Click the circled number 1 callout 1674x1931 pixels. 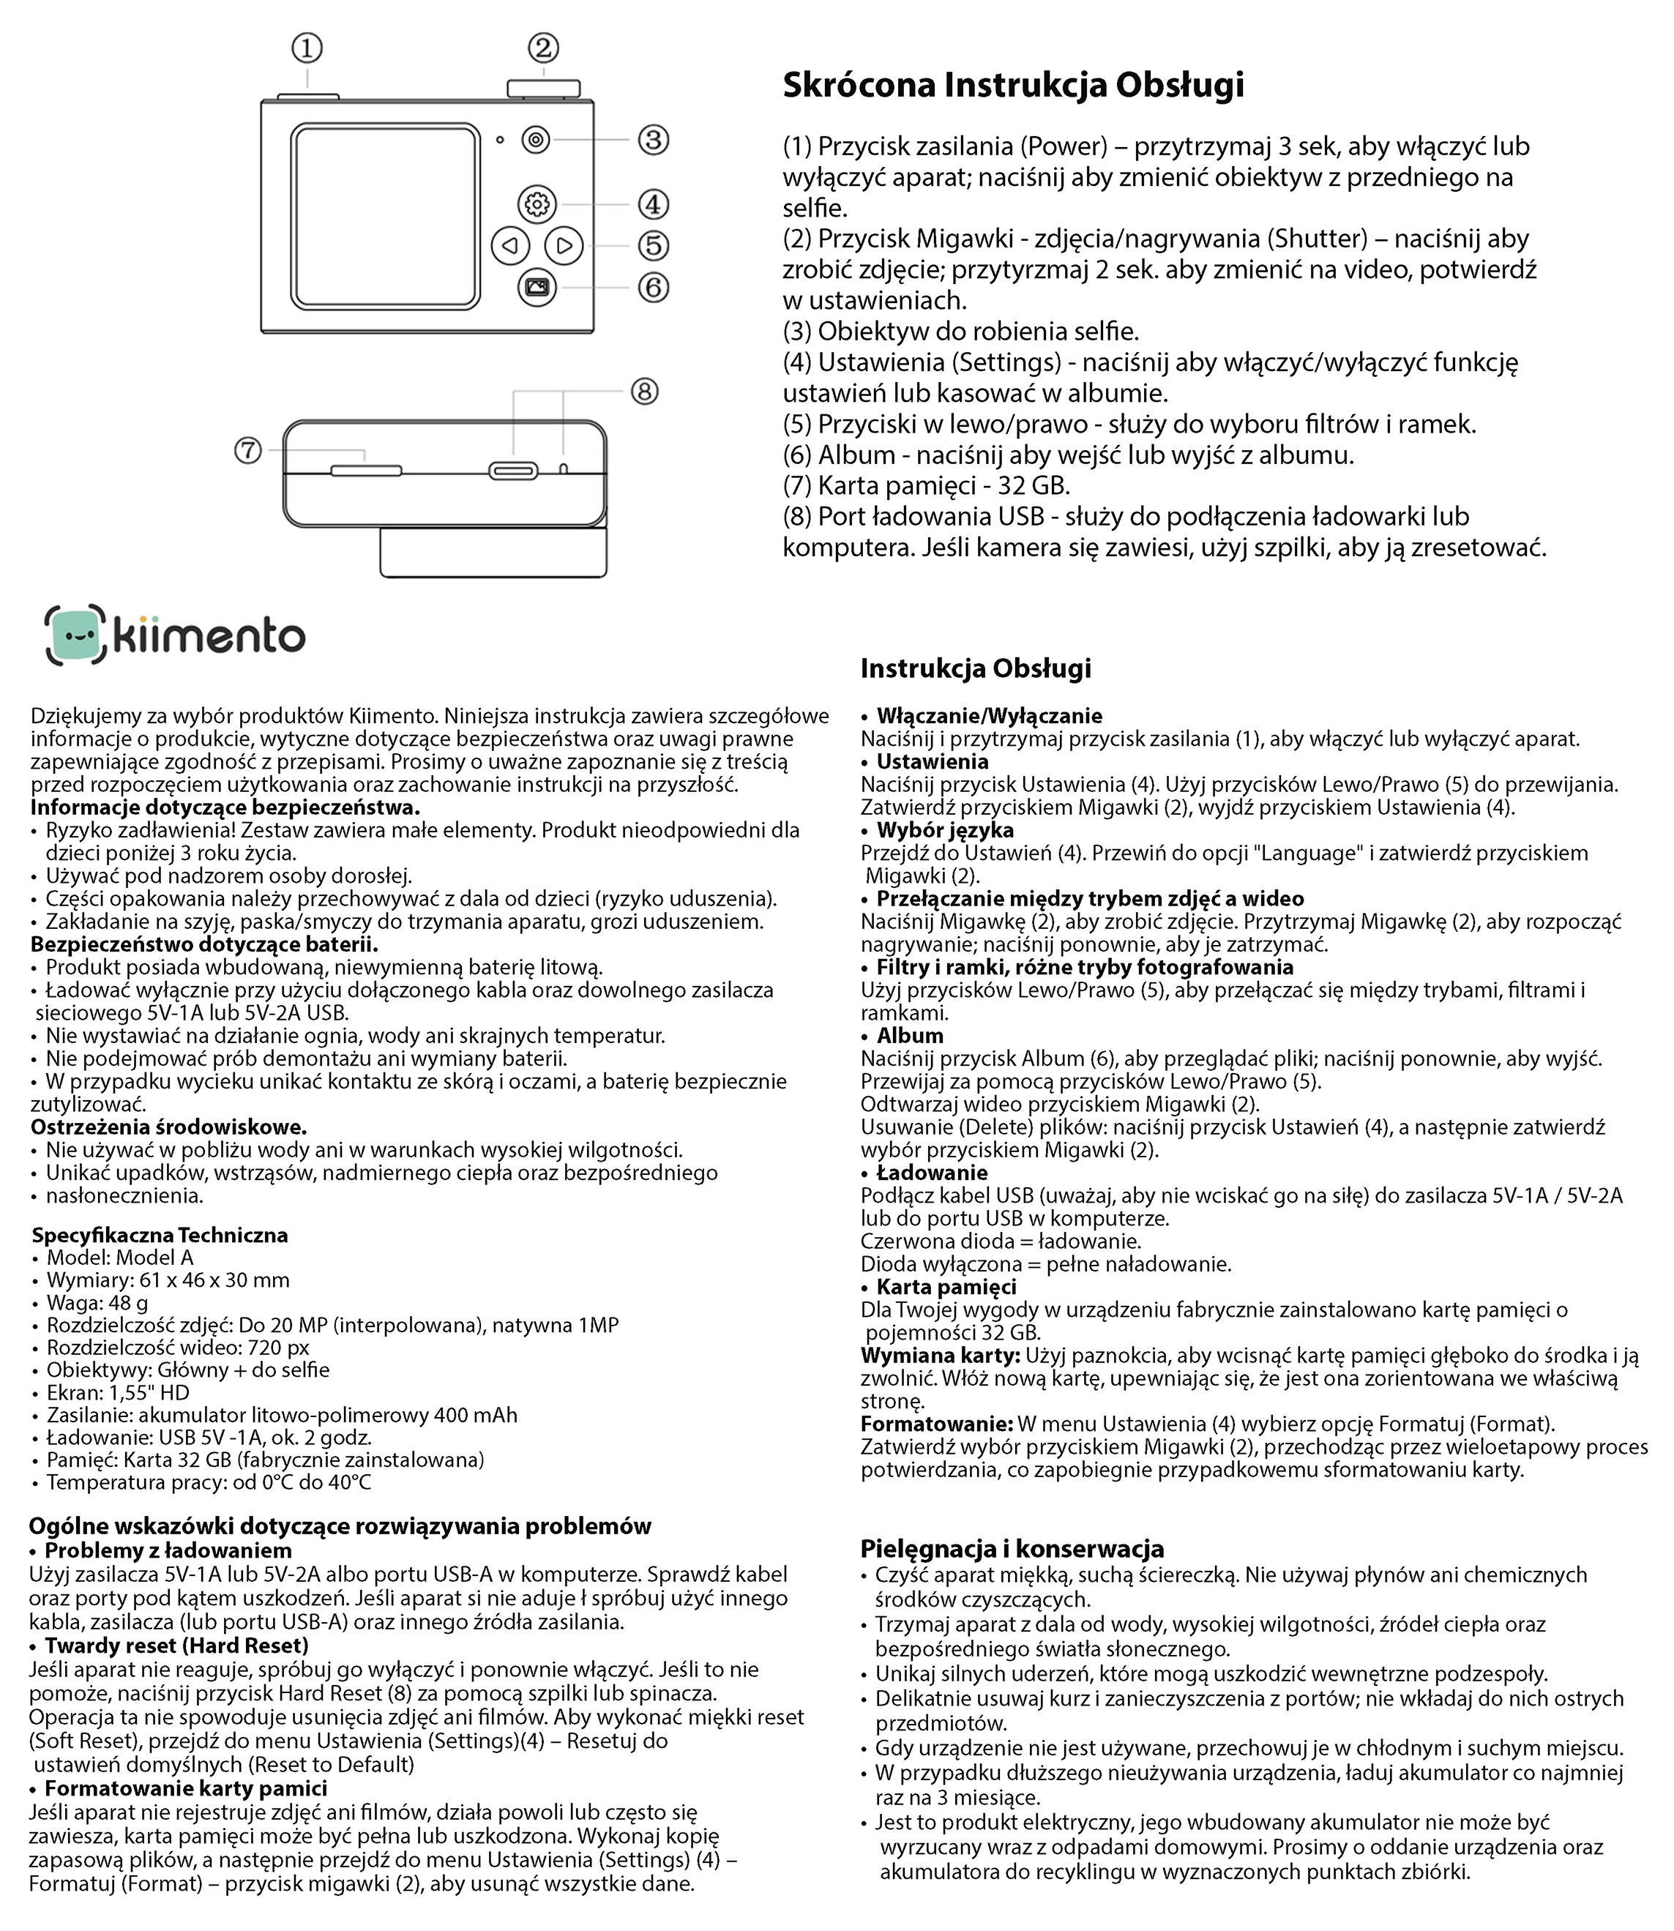(307, 48)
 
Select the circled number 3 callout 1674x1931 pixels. (653, 140)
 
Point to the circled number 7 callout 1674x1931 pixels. (247, 450)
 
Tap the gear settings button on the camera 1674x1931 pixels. (537, 203)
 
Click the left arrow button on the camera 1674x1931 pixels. (510, 246)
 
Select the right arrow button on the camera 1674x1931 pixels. (564, 246)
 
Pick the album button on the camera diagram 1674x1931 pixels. (537, 287)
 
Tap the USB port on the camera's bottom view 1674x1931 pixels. (513, 470)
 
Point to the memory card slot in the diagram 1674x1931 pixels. (366, 470)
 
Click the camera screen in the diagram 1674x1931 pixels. (386, 217)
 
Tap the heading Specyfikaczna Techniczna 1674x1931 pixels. (160, 1235)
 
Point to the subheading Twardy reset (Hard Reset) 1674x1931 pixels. (176, 1645)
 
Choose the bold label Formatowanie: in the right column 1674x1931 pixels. (936, 1424)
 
